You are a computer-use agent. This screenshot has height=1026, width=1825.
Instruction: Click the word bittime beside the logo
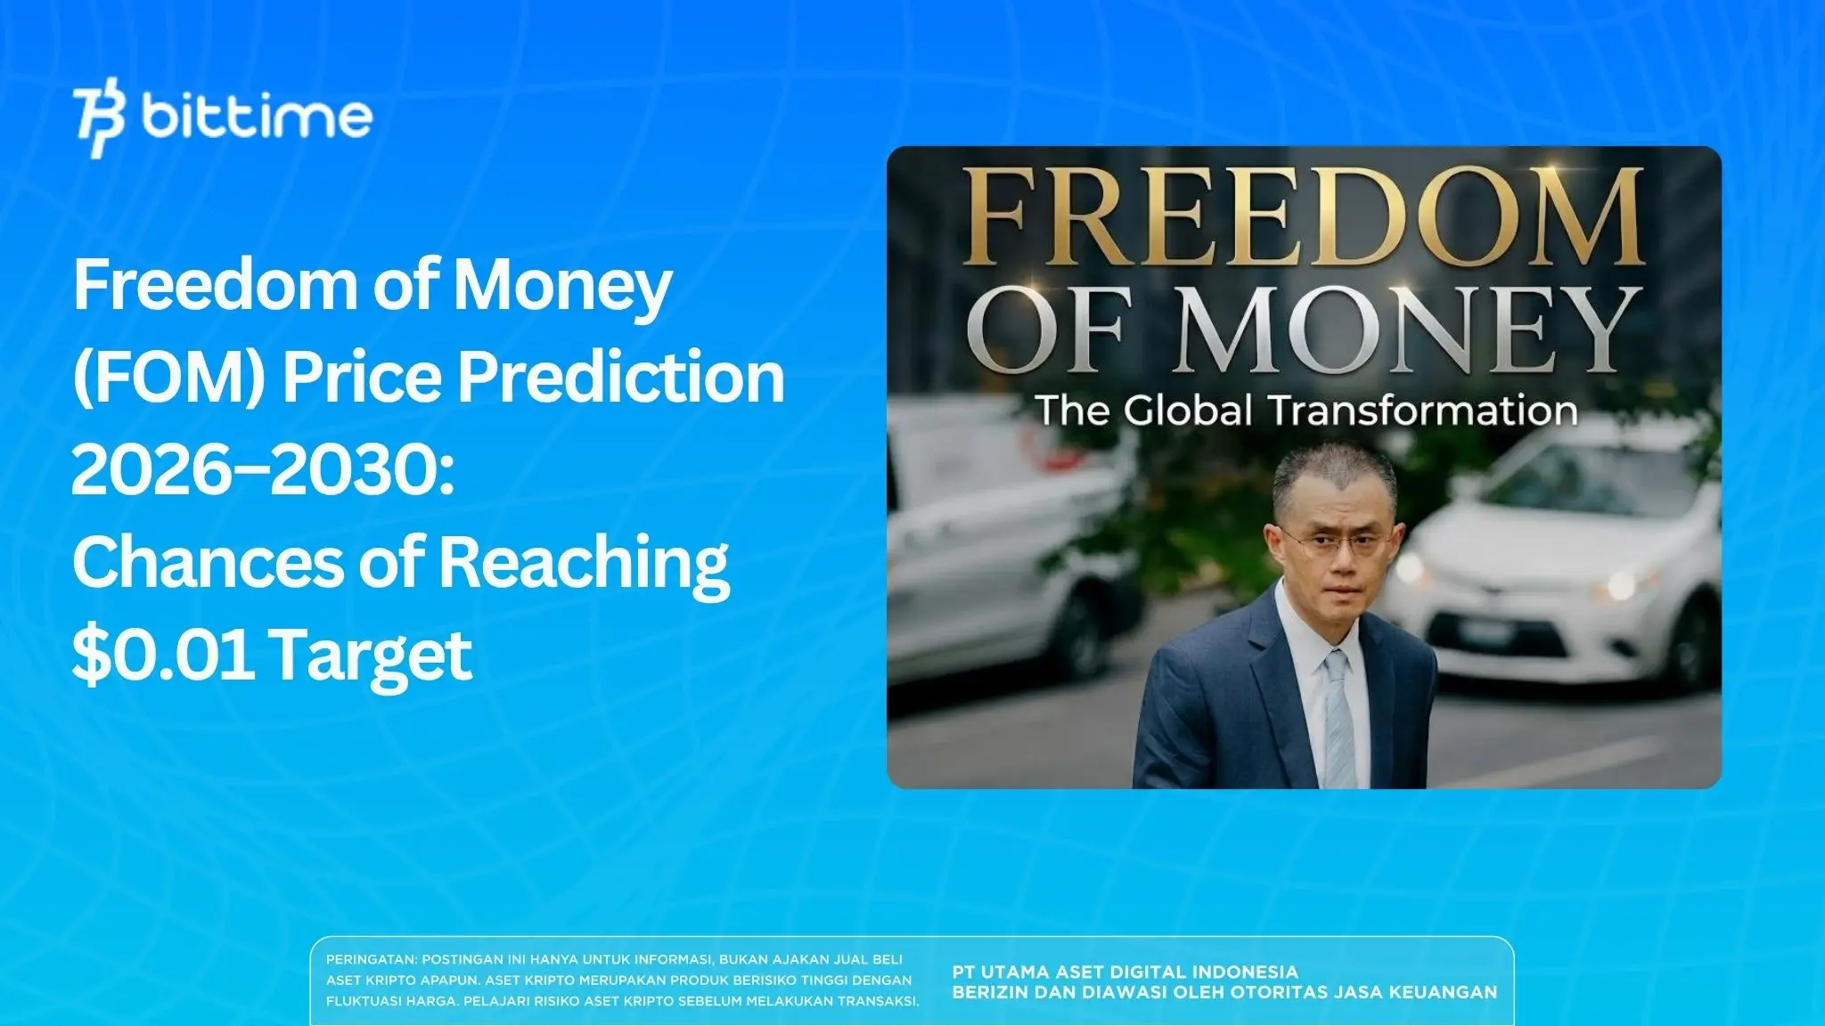pos(257,117)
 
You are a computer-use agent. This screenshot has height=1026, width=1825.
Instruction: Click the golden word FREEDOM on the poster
pos(1302,215)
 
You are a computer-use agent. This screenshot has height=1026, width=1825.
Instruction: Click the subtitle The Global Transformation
pos(1305,411)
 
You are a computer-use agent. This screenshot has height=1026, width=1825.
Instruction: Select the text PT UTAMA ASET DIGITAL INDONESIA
pos(1125,972)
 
